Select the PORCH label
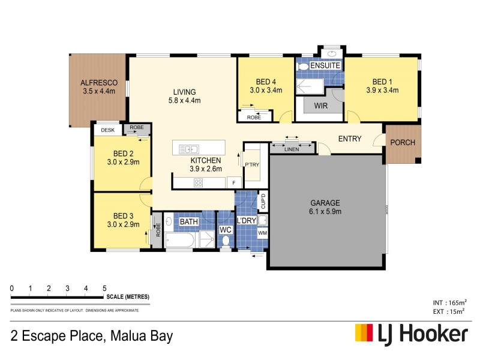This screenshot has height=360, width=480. (x=402, y=143)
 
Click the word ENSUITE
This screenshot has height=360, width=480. (x=326, y=65)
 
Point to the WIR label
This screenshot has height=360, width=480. (x=320, y=105)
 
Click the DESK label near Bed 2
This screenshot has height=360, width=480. (x=107, y=130)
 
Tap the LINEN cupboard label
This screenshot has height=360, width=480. (x=292, y=148)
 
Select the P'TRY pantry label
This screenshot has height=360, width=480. (x=250, y=163)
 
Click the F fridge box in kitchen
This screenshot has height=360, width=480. (x=233, y=182)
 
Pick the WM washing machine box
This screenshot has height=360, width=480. (x=262, y=233)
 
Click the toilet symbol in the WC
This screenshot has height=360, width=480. (x=226, y=241)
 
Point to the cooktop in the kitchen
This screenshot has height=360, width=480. (x=199, y=182)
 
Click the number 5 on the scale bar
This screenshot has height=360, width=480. (x=104, y=289)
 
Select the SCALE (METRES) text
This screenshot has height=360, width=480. (x=128, y=297)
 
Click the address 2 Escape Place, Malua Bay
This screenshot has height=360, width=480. (x=92, y=335)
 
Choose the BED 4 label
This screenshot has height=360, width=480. (x=266, y=82)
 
